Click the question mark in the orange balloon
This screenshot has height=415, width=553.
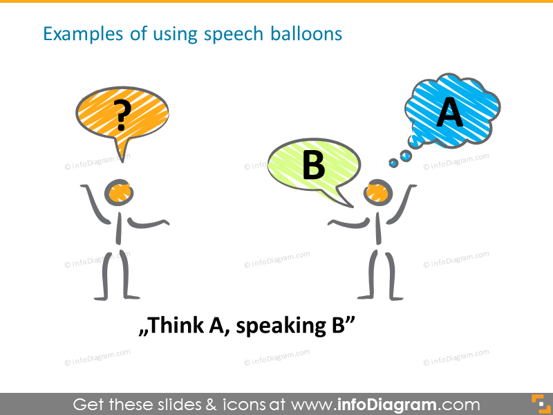(x=122, y=115)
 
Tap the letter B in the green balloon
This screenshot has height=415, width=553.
(x=313, y=165)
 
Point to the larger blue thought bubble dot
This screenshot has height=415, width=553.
(x=406, y=157)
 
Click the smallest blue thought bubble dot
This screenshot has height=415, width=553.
(x=393, y=163)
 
